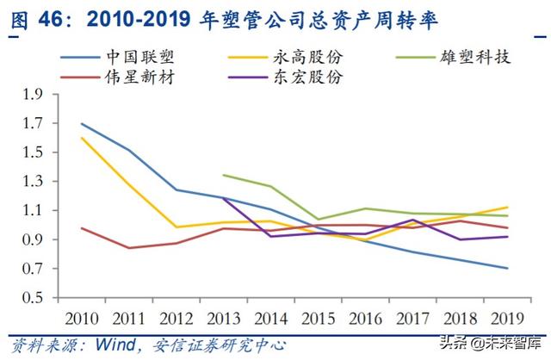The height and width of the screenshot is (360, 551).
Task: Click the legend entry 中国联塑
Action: tap(138, 58)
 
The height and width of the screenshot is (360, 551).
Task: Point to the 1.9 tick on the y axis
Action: tap(34, 94)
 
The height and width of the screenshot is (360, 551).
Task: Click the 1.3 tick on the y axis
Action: tap(34, 182)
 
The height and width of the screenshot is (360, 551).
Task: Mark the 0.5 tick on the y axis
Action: tap(34, 298)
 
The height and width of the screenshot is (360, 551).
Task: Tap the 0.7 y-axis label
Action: tap(34, 269)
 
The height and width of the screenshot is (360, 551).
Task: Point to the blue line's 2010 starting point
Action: tap(83, 123)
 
